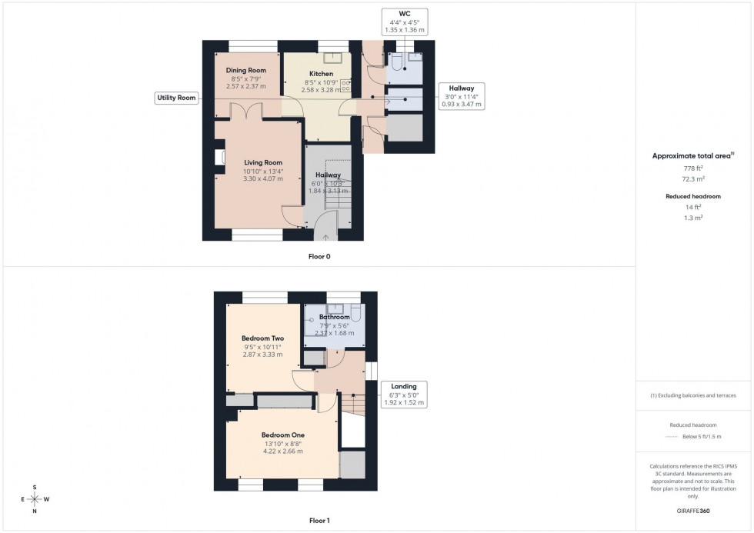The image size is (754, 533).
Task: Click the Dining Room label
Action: (x=246, y=70)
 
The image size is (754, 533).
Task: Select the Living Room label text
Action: (x=263, y=162)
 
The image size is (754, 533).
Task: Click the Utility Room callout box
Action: (x=177, y=98)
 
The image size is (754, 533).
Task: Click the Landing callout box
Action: (x=404, y=394)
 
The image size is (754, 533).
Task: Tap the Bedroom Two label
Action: (x=263, y=338)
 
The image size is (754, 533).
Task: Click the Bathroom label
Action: (x=335, y=317)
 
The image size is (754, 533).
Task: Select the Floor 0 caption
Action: (x=319, y=256)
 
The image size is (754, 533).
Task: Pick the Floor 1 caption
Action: (x=319, y=521)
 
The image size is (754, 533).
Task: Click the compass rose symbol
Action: (x=35, y=498)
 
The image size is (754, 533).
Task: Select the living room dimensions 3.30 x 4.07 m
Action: (x=263, y=178)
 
